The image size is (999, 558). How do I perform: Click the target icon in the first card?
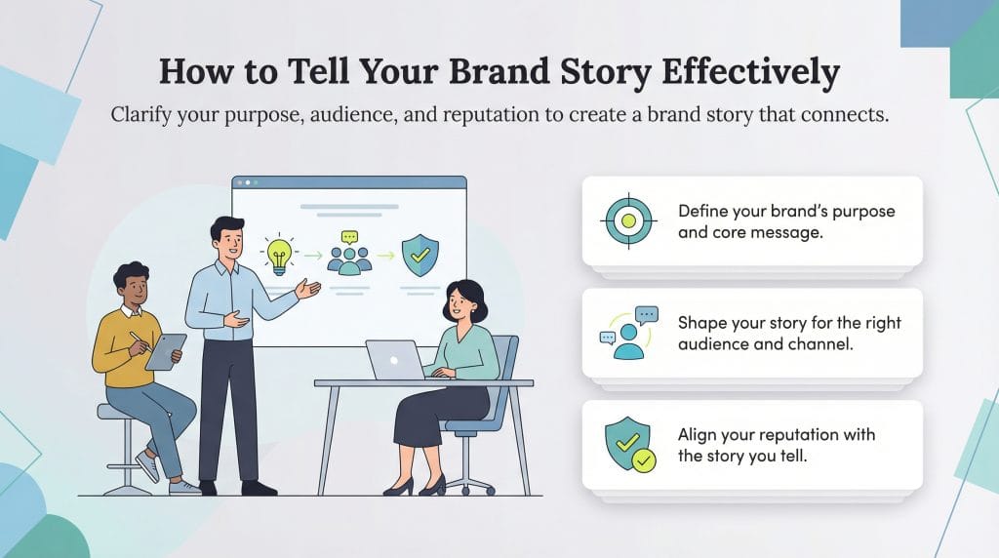tap(627, 220)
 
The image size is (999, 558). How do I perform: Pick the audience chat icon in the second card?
tap(627, 333)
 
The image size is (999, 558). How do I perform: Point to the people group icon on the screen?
tap(349, 255)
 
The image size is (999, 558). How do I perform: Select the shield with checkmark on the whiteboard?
tap(420, 254)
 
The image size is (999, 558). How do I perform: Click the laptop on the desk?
tap(394, 360)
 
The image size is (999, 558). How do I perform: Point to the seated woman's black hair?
tap(465, 297)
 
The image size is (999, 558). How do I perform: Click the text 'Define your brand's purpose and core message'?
tap(785, 222)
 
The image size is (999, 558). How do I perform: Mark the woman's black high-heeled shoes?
tap(415, 486)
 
